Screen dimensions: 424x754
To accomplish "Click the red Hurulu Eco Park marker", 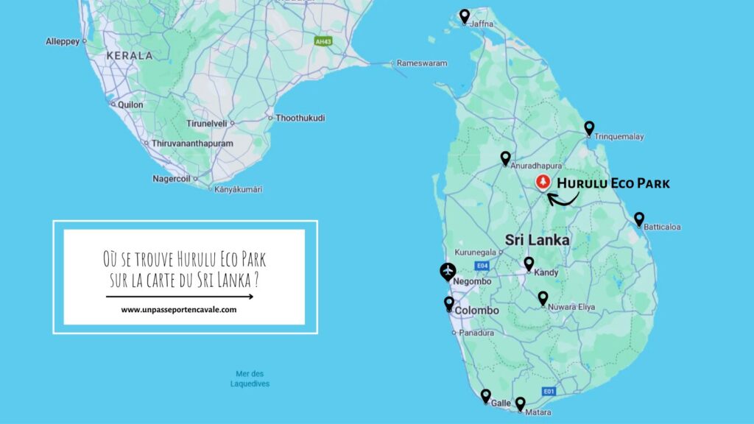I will point(543,181).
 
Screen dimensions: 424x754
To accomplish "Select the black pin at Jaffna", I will point(465,15).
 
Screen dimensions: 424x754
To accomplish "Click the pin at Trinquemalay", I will point(589,128).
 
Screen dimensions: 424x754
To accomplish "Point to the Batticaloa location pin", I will point(639,219).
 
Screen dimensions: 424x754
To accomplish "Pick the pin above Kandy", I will point(529,263).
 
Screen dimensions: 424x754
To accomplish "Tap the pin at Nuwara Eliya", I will point(543,297).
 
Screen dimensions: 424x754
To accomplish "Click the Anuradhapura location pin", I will point(505,158).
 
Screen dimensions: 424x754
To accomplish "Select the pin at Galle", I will point(486,395).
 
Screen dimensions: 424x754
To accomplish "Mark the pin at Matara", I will point(520,403).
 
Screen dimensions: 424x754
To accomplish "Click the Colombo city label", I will point(476,311).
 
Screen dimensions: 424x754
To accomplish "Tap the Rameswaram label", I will point(422,63).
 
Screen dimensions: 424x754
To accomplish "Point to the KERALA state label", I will point(129,55).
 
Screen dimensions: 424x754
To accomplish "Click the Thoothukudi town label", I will point(300,118).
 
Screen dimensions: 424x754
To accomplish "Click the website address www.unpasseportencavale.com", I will point(179,310).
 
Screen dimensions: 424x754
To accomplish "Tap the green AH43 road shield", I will point(323,41).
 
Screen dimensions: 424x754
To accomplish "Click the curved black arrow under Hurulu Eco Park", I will point(563,197).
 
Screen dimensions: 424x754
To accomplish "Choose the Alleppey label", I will point(63,41).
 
